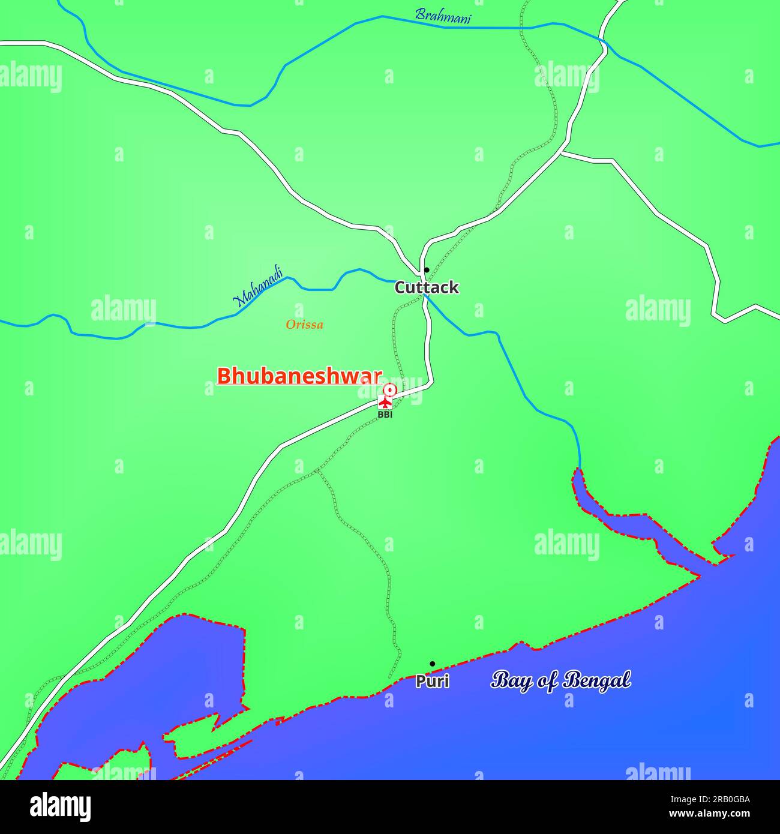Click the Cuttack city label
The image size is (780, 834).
pyautogui.click(x=427, y=288)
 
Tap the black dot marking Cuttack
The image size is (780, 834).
pyautogui.click(x=427, y=270)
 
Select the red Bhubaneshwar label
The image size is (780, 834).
pyautogui.click(x=299, y=376)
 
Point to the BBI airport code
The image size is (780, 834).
pyautogui.click(x=385, y=415)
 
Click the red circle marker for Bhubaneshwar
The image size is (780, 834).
pyautogui.click(x=390, y=390)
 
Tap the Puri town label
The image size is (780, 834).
pyautogui.click(x=433, y=682)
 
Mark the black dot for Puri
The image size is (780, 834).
pyautogui.click(x=432, y=664)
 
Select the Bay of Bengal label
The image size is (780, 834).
pyautogui.click(x=561, y=680)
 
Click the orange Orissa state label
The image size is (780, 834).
pyautogui.click(x=304, y=325)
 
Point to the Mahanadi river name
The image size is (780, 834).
pyautogui.click(x=258, y=288)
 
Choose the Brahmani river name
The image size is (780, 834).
pyautogui.click(x=443, y=16)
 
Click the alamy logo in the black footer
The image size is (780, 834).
pyautogui.click(x=61, y=807)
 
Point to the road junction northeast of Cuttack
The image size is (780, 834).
pyautogui.click(x=562, y=152)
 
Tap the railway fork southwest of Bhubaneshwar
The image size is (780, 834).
pyautogui.click(x=317, y=472)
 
